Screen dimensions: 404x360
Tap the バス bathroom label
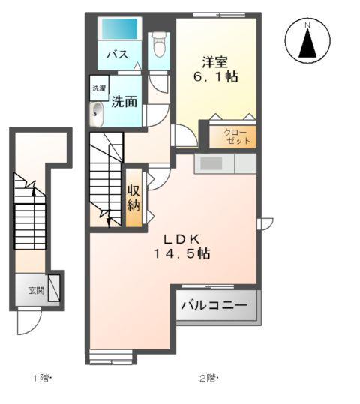pyautogui.click(x=115, y=55)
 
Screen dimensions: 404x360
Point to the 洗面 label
pyautogui.click(x=124, y=102)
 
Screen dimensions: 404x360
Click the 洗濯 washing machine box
pyautogui.click(x=99, y=88)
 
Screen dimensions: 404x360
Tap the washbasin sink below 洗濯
pyautogui.click(x=98, y=114)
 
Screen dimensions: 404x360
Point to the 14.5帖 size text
pyautogui.click(x=182, y=253)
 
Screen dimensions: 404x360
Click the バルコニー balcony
pyautogui.click(x=217, y=307)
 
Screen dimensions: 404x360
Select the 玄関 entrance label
pyautogui.click(x=36, y=290)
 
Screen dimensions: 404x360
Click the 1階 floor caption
pyautogui.click(x=42, y=378)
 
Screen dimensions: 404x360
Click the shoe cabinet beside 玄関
pyautogui.click(x=54, y=289)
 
